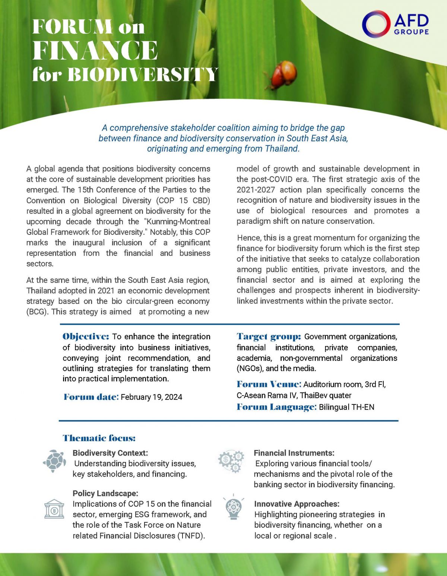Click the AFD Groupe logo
[x=396, y=24]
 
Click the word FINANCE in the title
[x=95, y=51]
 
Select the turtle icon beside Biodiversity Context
[x=54, y=461]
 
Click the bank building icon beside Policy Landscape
[x=54, y=509]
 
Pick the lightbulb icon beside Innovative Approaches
[x=234, y=507]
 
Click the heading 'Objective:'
[x=86, y=336]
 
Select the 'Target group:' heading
[x=269, y=336]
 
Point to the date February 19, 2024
[x=151, y=397]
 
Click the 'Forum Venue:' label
[x=269, y=384]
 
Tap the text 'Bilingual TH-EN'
[x=346, y=407]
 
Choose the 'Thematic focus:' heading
[x=99, y=438]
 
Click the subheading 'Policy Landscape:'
[x=105, y=493]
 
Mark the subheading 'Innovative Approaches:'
[x=297, y=504]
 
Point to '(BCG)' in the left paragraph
[x=37, y=312]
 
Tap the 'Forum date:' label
[x=91, y=397]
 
